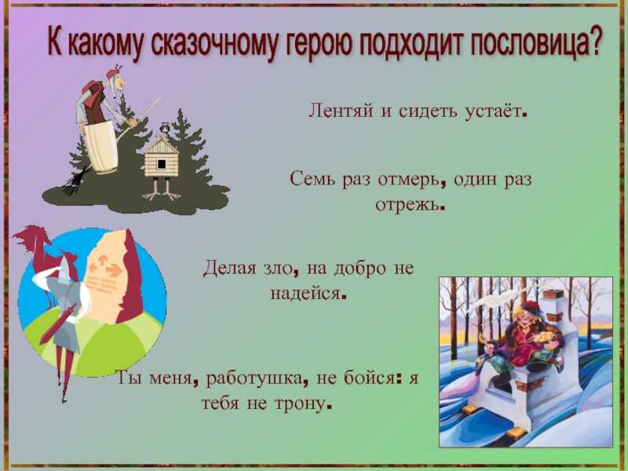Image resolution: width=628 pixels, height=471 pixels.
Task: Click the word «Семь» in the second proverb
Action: point(313,178)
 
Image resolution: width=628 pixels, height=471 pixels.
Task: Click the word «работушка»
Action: point(254,378)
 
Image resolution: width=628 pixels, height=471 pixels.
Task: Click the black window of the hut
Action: point(162,163)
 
